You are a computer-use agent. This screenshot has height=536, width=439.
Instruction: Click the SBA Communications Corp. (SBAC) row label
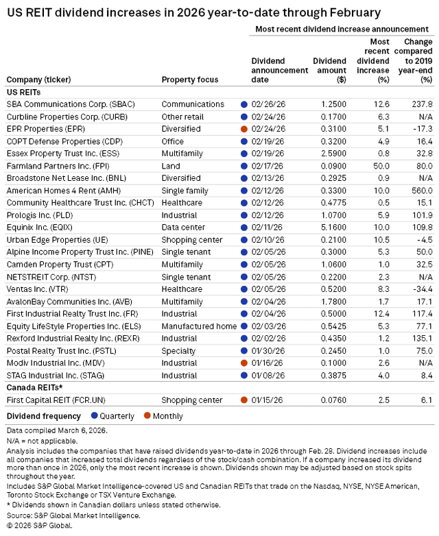coord(71,104)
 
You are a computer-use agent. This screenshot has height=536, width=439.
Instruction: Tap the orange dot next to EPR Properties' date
coord(244,129)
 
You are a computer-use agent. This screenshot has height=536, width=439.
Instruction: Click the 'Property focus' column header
coord(189,80)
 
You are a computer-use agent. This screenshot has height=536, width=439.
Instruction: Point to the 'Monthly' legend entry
coord(167,416)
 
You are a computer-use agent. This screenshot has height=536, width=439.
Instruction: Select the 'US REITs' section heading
coord(23,92)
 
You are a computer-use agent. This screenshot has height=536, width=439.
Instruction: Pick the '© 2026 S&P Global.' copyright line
coord(40,525)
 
